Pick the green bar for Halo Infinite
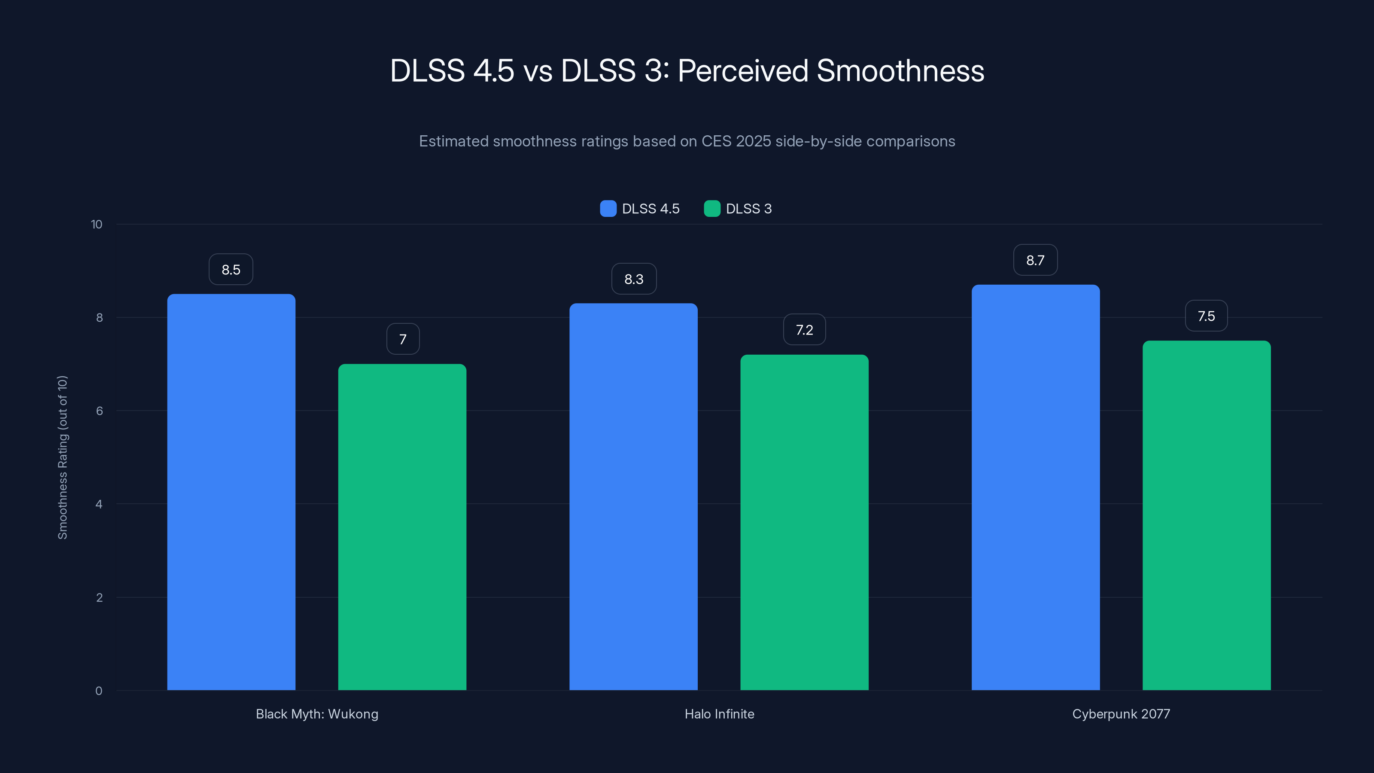[x=804, y=522]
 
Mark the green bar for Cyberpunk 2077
[x=1207, y=515]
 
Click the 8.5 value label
[x=231, y=269]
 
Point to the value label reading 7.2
[x=804, y=330]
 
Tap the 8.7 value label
[x=1035, y=260]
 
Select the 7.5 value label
[x=1206, y=316]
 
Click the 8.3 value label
[x=634, y=279]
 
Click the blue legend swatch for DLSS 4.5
[x=608, y=209]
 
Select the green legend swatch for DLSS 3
[x=712, y=209]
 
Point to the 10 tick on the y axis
[x=97, y=224]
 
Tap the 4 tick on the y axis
[x=99, y=504]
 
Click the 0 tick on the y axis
[x=99, y=691]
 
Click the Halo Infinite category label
[x=719, y=714]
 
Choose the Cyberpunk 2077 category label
[x=1121, y=714]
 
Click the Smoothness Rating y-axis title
[x=63, y=457]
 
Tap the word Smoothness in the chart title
[x=900, y=71]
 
